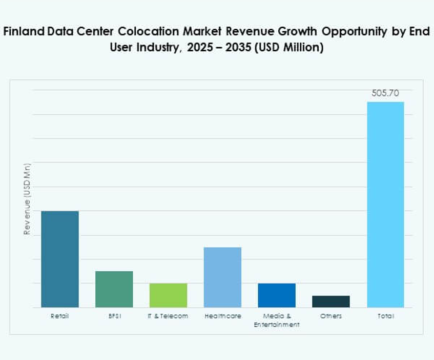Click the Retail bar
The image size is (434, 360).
[x=60, y=259]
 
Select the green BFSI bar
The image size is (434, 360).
[x=114, y=289]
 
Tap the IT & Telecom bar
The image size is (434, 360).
[x=169, y=295]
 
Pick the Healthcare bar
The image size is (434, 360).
[x=223, y=277]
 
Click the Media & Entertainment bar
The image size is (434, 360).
[x=277, y=295]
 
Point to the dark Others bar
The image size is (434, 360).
[x=331, y=302]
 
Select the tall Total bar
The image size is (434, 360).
[x=385, y=205]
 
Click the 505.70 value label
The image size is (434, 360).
[x=385, y=93]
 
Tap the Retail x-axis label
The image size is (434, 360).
[x=60, y=316]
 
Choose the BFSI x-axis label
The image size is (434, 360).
[x=114, y=316]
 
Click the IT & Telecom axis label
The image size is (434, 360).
[x=169, y=316]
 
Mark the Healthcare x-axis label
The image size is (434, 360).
[x=223, y=316]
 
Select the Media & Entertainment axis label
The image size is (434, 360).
[x=277, y=321]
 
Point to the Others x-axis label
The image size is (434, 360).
[x=331, y=316]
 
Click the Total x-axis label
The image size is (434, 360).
[x=385, y=316]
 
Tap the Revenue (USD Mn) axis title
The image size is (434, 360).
[x=28, y=199]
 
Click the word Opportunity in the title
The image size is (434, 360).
[x=353, y=32]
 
